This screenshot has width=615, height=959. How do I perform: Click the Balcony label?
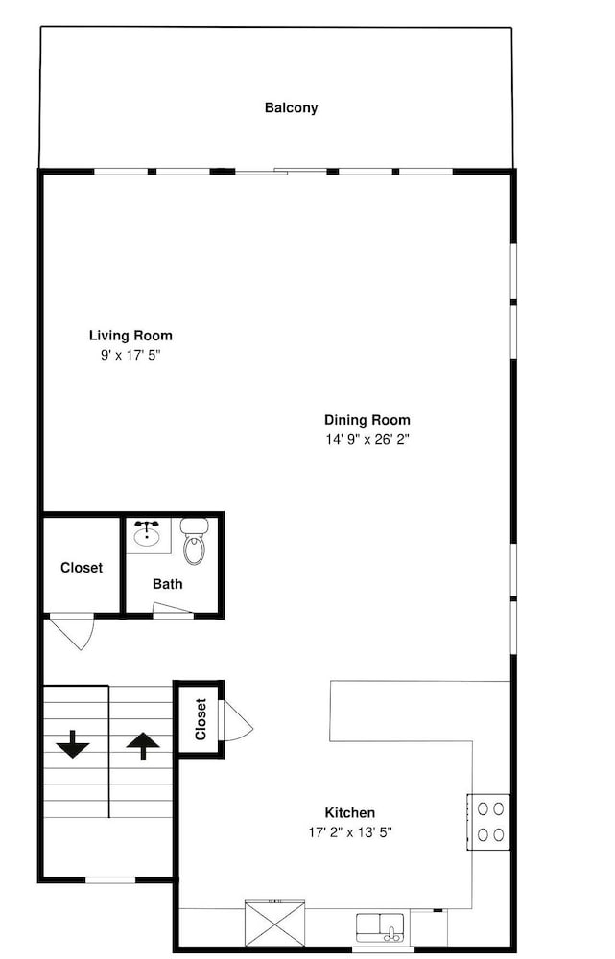coord(292,108)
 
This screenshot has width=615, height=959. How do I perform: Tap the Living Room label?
coord(130,335)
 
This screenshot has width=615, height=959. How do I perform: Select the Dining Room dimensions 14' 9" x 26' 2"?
coord(367,439)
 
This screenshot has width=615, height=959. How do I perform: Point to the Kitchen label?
coord(350,813)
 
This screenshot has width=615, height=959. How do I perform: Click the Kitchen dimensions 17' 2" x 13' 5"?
coord(350,831)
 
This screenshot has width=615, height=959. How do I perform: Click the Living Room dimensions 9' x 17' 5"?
coord(130,355)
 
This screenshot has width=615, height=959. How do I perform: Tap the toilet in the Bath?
coord(195,541)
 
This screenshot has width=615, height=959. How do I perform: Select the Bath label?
coord(168,584)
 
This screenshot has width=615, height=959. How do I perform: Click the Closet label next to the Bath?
coord(82,568)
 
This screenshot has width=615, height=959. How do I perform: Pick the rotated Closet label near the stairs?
coord(201,719)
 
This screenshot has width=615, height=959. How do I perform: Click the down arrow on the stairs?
coord(73,744)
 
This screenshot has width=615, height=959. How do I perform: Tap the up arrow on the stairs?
coord(143,746)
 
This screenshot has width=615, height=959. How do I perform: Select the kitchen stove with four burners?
coord(489,822)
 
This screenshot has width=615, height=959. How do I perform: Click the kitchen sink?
coord(380,927)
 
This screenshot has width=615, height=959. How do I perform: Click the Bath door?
coord(173,607)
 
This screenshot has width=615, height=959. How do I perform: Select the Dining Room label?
coord(367,420)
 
